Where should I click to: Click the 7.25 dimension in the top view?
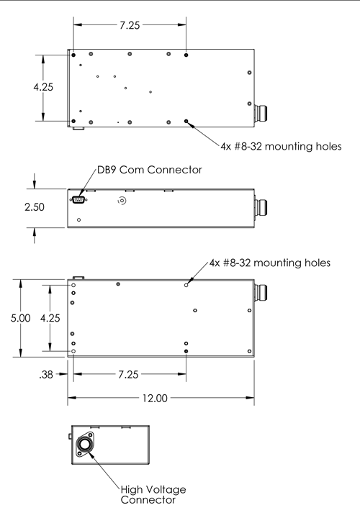tap(130, 25)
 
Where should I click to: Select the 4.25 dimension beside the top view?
tap(43, 87)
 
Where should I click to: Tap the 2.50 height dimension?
tap(35, 206)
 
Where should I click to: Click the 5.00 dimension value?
tap(20, 318)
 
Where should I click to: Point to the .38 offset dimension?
tap(46, 374)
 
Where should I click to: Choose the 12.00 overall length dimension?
tap(155, 398)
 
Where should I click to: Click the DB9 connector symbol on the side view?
tap(78, 199)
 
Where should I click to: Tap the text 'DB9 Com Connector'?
tap(150, 170)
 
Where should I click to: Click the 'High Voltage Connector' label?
tap(153, 494)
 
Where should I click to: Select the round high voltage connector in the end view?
tap(85, 445)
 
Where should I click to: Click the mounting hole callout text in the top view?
tap(281, 146)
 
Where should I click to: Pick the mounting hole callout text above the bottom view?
tap(270, 263)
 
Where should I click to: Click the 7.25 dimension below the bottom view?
tap(128, 374)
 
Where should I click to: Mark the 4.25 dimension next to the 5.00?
tap(50, 318)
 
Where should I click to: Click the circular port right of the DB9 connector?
tap(122, 201)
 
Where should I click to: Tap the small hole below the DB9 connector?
tap(78, 219)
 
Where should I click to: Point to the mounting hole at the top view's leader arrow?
tap(186, 122)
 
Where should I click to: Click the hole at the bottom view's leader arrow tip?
tap(186, 285)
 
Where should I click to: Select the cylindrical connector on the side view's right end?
tap(261, 206)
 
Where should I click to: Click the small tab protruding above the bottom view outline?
tap(78, 278)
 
